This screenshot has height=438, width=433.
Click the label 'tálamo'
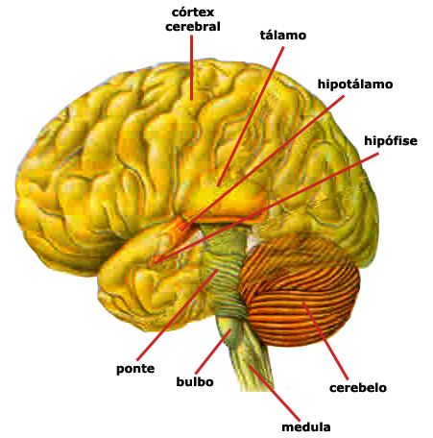coord(283,35)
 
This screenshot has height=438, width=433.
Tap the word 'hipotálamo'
coord(355,85)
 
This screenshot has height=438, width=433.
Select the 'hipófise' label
coord(391,140)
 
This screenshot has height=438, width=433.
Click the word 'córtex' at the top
coord(193,12)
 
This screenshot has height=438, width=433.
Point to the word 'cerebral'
coord(193,26)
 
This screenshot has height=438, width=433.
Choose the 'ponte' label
coord(135,369)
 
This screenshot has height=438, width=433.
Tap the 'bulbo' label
coord(195,381)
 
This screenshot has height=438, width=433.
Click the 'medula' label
coord(305,426)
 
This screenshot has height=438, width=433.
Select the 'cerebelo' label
coord(358,388)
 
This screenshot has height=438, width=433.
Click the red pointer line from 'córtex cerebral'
coord(191,67)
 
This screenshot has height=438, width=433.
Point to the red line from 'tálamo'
coord(251,116)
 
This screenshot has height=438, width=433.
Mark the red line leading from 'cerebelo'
coord(325,341)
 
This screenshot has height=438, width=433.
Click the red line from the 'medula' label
coord(275,393)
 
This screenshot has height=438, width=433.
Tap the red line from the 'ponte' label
coord(178,315)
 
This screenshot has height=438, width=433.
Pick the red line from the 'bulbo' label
coord(213,352)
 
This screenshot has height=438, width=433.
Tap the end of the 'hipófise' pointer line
coord(155,263)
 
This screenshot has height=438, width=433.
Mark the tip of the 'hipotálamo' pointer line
coord(181,230)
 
